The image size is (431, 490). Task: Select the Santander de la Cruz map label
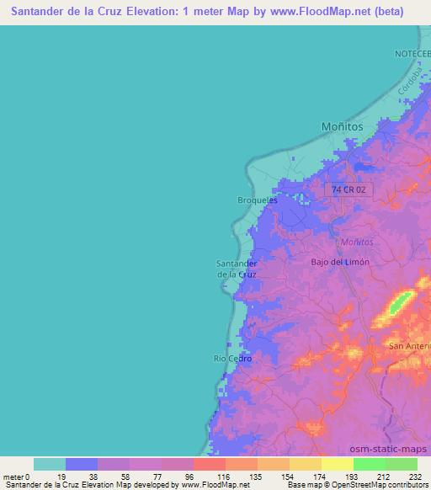(237, 269)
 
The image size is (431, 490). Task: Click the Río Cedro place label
(232, 358)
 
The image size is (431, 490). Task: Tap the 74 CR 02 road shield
(349, 190)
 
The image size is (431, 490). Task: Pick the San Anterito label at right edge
(409, 345)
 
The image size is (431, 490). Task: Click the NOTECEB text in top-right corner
(412, 53)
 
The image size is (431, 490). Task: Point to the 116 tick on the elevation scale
(224, 476)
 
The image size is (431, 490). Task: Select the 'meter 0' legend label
(17, 476)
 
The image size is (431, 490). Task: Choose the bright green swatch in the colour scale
(369, 464)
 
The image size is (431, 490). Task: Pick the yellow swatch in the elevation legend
(337, 464)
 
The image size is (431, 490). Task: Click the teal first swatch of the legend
(49, 464)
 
